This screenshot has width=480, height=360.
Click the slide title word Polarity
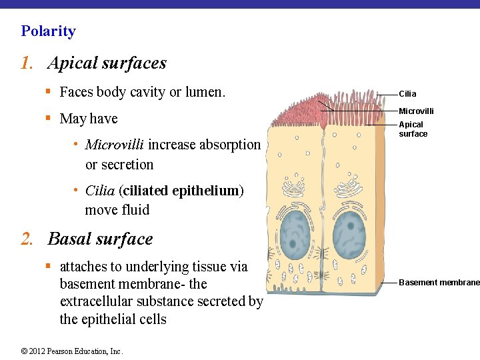click(48, 31)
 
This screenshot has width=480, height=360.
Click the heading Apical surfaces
click(107, 63)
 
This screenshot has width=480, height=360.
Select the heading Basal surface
click(100, 239)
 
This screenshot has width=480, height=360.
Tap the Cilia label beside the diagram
click(407, 94)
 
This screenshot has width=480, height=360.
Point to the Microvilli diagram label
click(416, 111)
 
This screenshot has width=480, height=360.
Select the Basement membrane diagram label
click(439, 283)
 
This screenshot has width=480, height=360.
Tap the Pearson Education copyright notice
click(72, 351)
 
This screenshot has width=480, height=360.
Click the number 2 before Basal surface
click(26, 239)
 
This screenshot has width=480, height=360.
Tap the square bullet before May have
click(49, 119)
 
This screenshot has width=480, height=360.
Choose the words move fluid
click(117, 210)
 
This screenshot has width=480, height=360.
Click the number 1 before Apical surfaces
click(26, 64)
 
